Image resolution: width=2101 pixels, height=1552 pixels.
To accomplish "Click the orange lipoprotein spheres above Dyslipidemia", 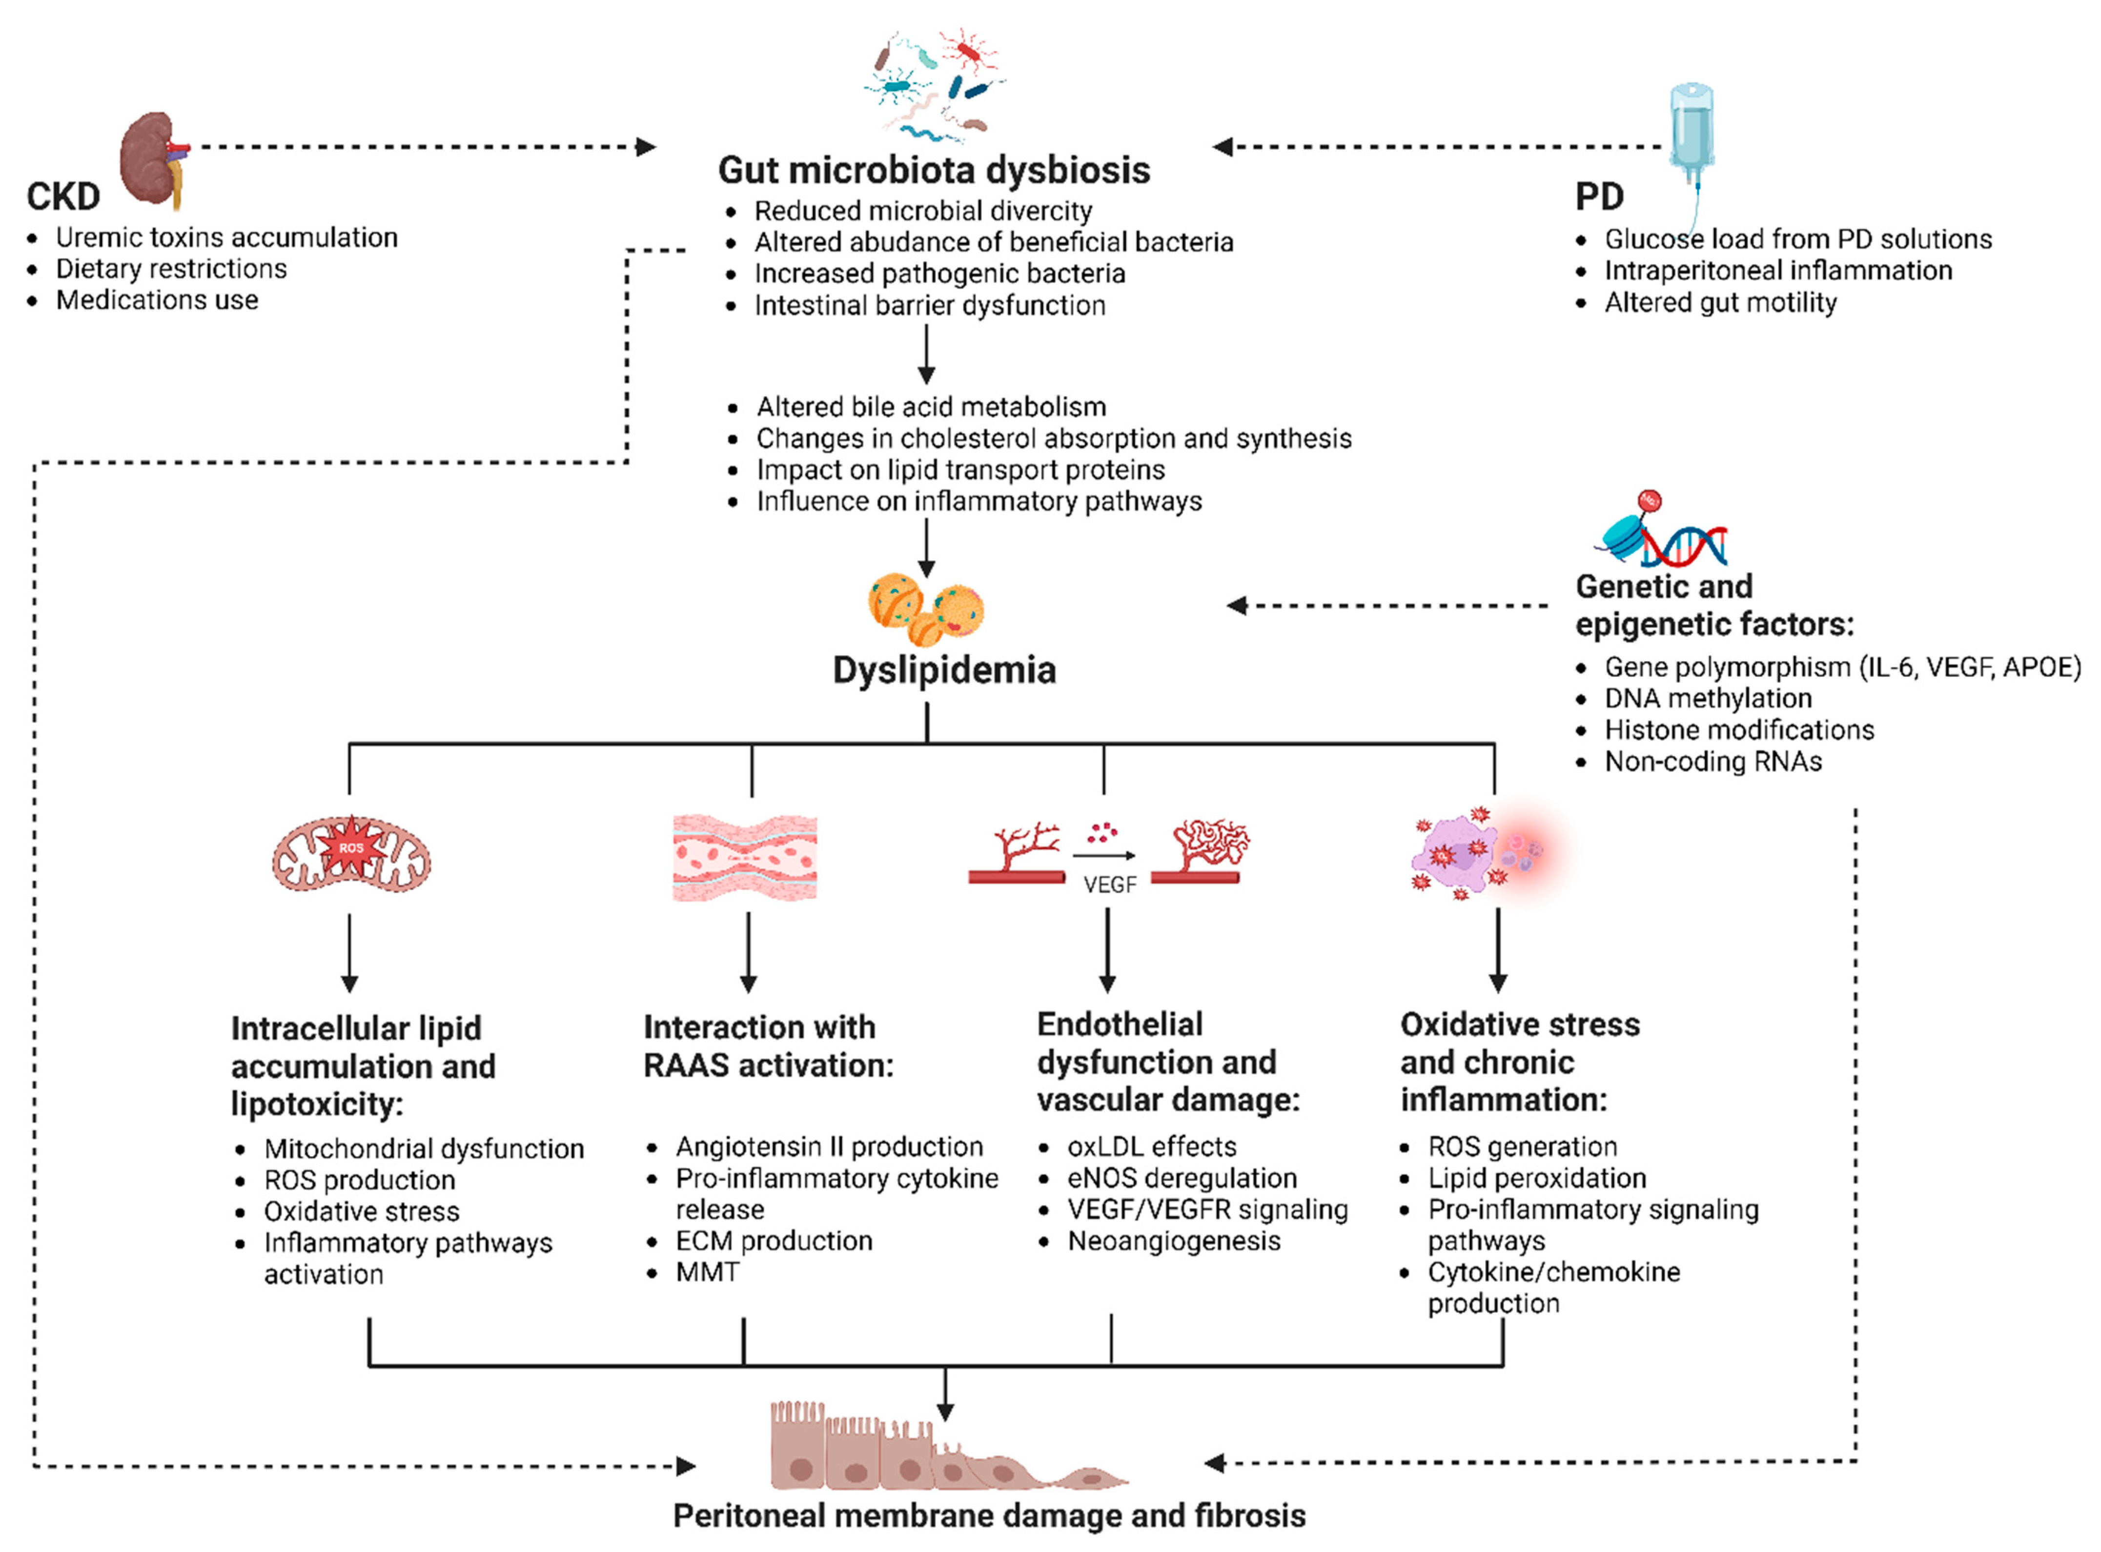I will tap(925, 609).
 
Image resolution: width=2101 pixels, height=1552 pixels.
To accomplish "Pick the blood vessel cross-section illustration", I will tap(744, 857).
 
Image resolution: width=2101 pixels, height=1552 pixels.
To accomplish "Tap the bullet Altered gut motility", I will tap(1719, 302).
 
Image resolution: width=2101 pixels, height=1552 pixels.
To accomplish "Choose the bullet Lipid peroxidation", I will tap(1536, 1178).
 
